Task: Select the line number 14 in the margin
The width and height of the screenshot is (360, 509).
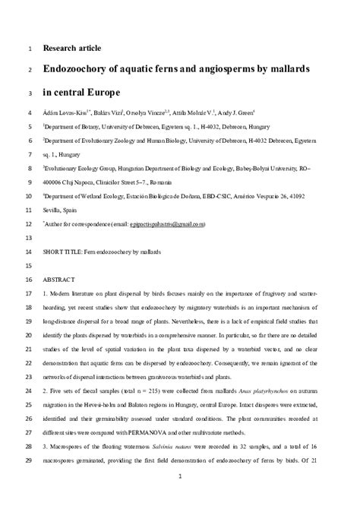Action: coord(29,251)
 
